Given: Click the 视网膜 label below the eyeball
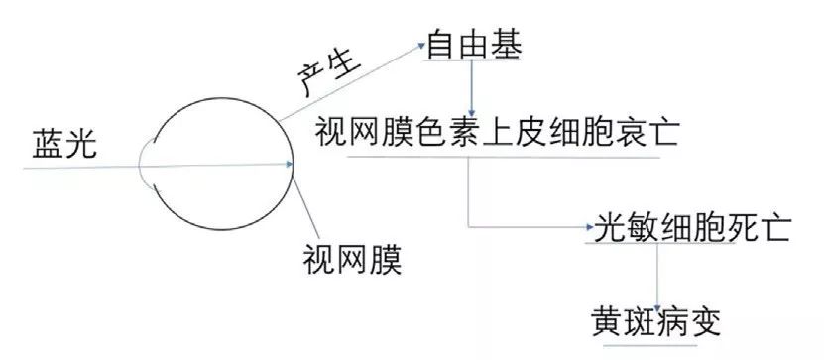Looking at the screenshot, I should coord(352,261).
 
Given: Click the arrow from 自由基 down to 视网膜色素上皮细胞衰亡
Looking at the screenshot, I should coord(473,87).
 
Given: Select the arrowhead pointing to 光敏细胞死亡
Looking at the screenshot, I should coord(585,228).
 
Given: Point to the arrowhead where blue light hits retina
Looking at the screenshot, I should coord(291,166).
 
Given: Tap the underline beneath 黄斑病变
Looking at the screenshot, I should coord(654,344).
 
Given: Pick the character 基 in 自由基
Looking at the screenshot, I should coord(506,45).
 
